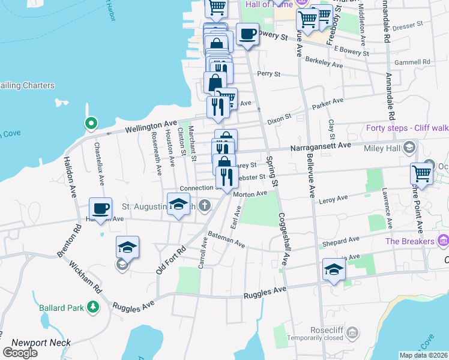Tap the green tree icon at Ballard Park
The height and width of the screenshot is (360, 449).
[x=93, y=307]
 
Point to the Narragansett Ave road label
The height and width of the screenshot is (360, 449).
[x=320, y=145]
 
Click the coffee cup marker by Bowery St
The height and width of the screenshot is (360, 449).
[x=247, y=34]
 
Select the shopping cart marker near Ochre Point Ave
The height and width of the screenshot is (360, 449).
[x=421, y=174]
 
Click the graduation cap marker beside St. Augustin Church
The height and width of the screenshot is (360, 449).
[x=178, y=205]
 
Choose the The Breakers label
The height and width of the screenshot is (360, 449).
[x=410, y=241]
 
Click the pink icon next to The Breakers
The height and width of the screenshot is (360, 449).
[x=444, y=241]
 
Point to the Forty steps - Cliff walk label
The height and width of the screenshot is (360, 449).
[x=407, y=128]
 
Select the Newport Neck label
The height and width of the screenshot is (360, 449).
[x=41, y=343]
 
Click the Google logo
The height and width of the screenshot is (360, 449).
[x=20, y=353]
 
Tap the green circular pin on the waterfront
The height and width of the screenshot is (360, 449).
[x=91, y=124]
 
